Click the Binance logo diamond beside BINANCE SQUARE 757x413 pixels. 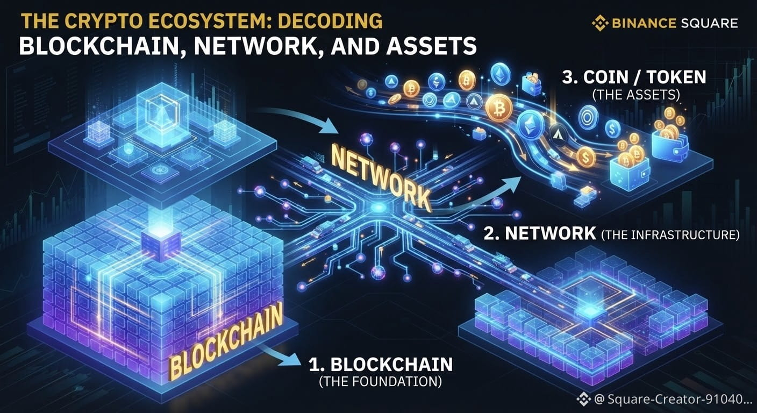pos(599,23)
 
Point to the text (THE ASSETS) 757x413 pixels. pos(636,95)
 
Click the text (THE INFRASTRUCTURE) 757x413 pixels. pos(670,234)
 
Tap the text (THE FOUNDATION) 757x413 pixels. pos(380,381)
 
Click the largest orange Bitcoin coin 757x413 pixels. pos(498,108)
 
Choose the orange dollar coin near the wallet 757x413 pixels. pos(587,158)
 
